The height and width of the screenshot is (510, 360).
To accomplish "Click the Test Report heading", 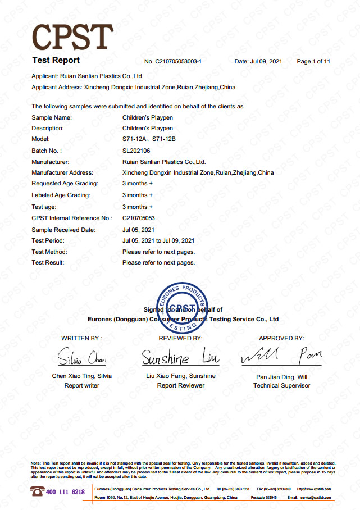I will (x=56, y=60).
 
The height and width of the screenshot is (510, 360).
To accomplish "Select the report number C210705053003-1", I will (x=172, y=61).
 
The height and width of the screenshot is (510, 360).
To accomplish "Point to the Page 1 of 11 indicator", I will (x=313, y=61).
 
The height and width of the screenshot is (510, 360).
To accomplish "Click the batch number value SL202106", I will (x=136, y=151).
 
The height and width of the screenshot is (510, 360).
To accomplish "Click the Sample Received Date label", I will (x=63, y=230).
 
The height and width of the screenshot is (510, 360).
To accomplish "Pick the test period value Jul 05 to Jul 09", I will (x=158, y=241).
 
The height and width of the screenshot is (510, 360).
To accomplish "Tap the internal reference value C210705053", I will (x=139, y=218).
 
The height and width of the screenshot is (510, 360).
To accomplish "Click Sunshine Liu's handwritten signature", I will (x=180, y=357).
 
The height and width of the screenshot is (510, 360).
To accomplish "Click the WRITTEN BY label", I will (x=82, y=339).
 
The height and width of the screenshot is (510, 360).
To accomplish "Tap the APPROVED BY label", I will (x=281, y=339).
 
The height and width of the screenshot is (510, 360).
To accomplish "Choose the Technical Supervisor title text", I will (x=281, y=386).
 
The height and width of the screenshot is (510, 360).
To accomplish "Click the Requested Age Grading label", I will (x=65, y=184).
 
